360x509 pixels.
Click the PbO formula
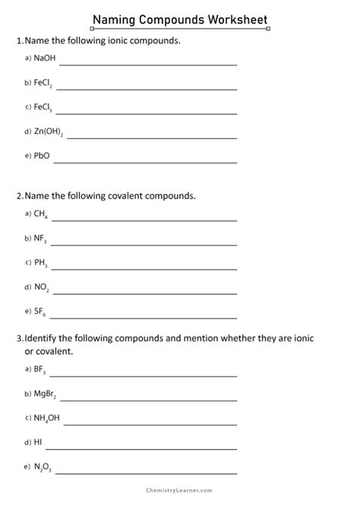(x=42, y=157)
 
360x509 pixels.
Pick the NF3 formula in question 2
(x=41, y=239)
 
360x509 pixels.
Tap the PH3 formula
(x=41, y=264)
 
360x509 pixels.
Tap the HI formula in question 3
(x=38, y=441)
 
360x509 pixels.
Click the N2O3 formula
(x=43, y=466)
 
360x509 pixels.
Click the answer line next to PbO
(x=144, y=162)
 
